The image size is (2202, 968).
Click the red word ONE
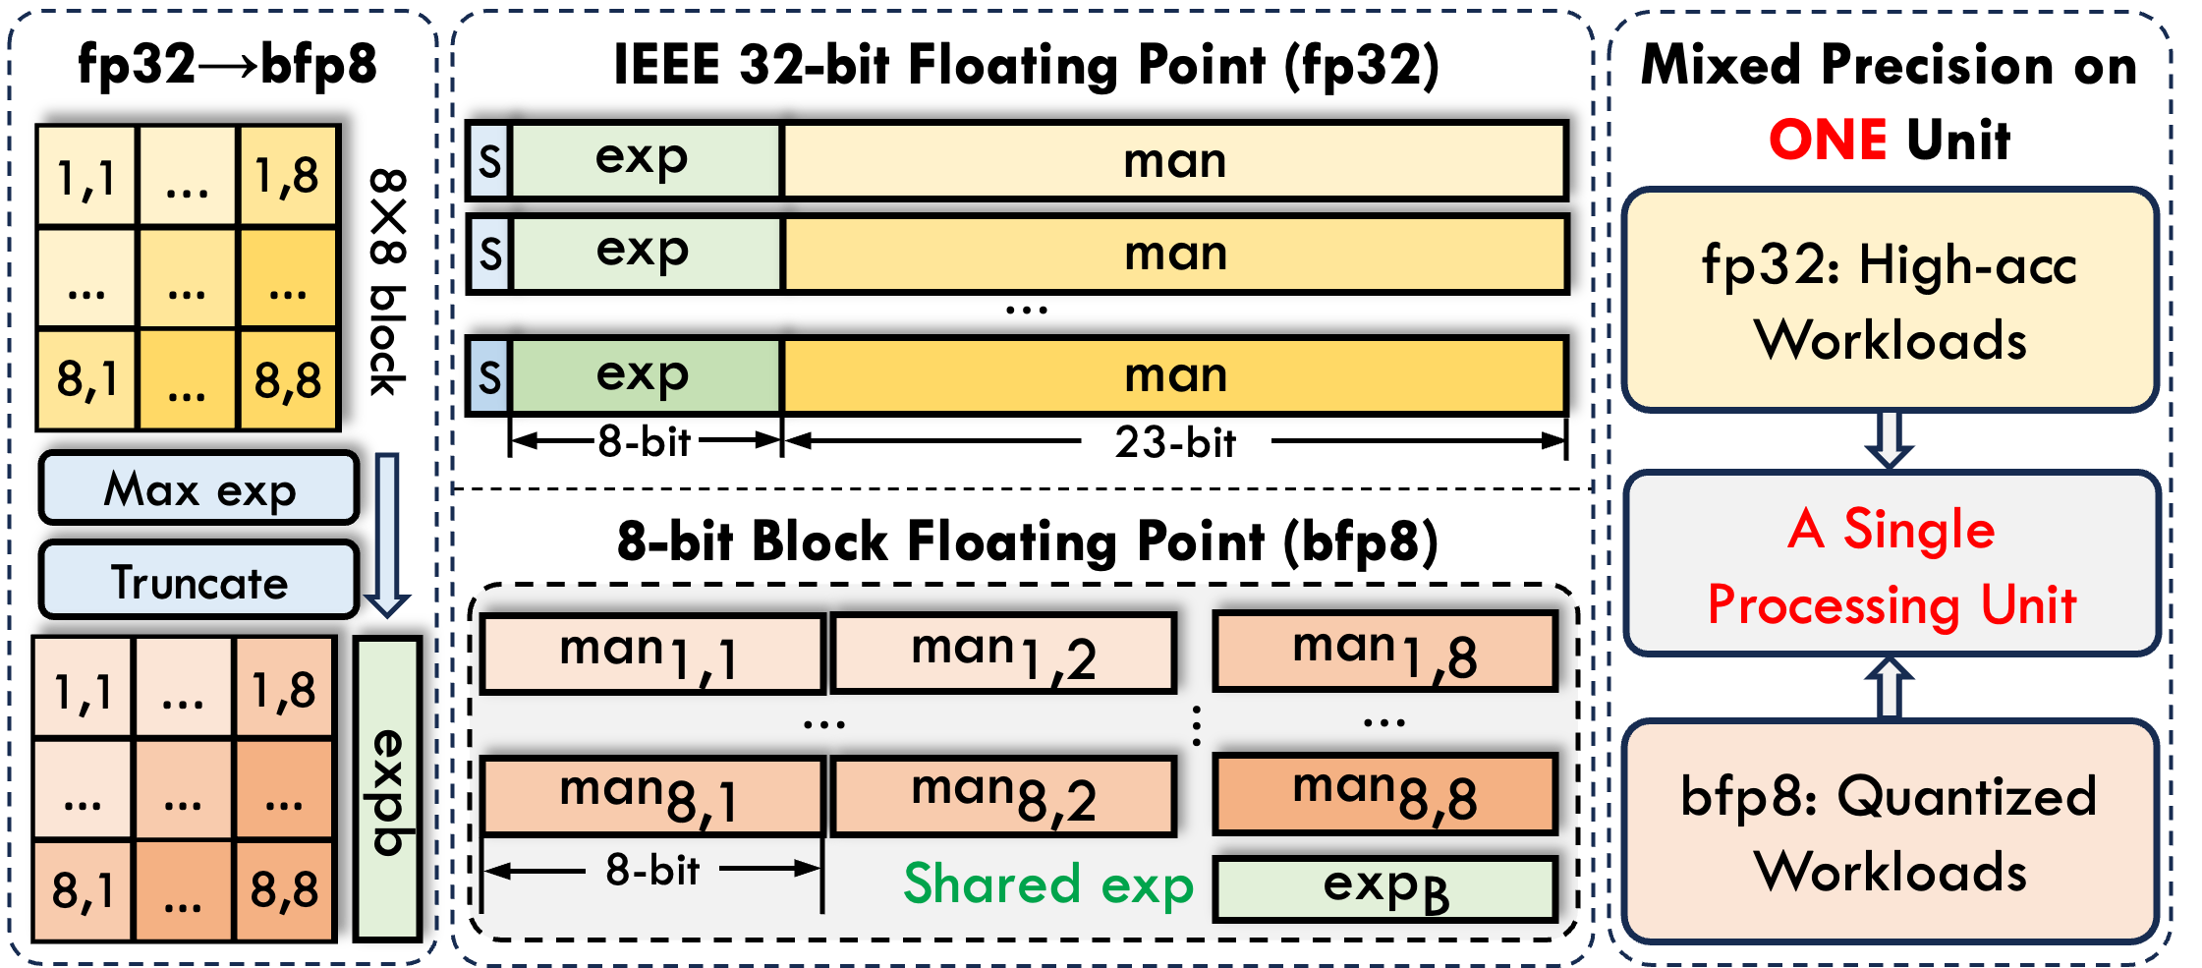[x=1828, y=139]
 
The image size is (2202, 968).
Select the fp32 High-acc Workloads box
[x=1889, y=301]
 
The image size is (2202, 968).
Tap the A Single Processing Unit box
[x=1891, y=565]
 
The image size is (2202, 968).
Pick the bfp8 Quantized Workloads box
[x=1889, y=832]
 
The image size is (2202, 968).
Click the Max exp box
[x=198, y=488]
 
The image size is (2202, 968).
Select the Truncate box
[x=198, y=581]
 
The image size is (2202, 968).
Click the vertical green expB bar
[x=387, y=789]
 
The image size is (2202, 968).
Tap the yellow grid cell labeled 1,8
[x=287, y=176]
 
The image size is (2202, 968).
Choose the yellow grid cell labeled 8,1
[x=86, y=379]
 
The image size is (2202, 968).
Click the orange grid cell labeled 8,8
[x=284, y=889]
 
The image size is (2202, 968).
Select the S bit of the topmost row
[x=489, y=160]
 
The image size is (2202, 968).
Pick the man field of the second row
[x=1174, y=254]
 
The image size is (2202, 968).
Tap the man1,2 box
[x=1003, y=654]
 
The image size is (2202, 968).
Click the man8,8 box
[x=1384, y=793]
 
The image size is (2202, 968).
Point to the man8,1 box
[x=650, y=795]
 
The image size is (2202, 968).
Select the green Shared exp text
[x=1047, y=883]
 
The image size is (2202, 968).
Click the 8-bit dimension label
[x=652, y=870]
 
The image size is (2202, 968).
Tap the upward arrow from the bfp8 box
[x=1889, y=688]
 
